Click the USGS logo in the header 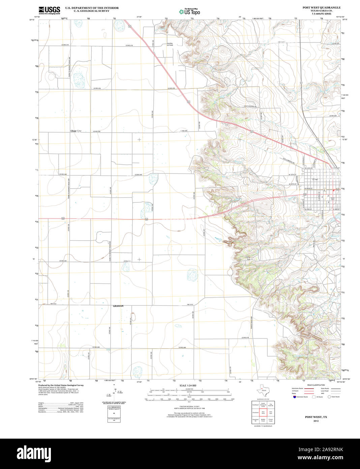(x=49, y=10)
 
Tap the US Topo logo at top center (x=189, y=11)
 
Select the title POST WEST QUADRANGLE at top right (x=321, y=7)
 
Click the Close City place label (x=76, y=131)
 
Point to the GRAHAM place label (x=118, y=306)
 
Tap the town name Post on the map (x=316, y=179)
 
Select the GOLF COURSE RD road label (x=250, y=107)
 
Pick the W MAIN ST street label (x=309, y=188)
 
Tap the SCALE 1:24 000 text (x=188, y=385)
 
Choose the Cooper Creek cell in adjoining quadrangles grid (x=271, y=420)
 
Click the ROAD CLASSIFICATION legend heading (x=316, y=385)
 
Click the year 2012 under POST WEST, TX (x=316, y=421)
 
